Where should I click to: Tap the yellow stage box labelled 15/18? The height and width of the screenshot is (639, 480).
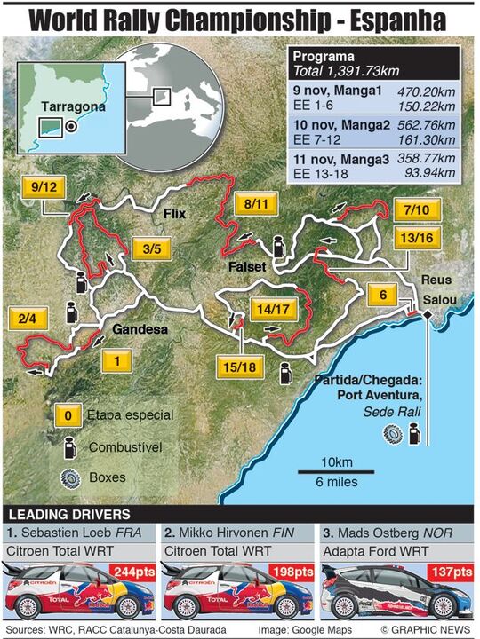click(x=237, y=366)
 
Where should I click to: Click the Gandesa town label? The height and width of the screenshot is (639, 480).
click(x=139, y=332)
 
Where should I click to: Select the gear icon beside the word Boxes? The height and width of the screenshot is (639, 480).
click(x=68, y=477)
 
